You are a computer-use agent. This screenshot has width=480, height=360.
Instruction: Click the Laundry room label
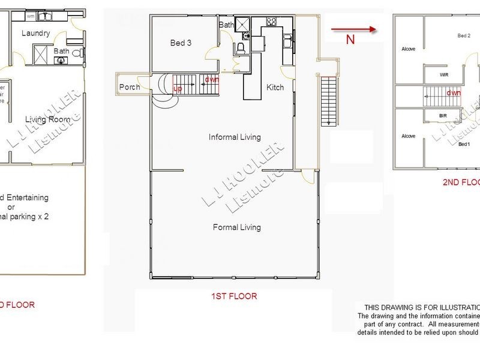[35, 34]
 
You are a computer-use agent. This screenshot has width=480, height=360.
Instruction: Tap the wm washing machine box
[31, 16]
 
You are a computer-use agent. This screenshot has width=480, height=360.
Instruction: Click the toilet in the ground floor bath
[77, 53]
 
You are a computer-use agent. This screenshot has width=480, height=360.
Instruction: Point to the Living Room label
[44, 119]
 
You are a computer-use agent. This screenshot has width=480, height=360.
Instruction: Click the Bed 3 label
[181, 43]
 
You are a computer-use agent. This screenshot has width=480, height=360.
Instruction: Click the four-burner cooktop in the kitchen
[271, 23]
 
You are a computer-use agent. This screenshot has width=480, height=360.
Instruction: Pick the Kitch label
[275, 88]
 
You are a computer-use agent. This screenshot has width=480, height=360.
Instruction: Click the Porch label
[130, 87]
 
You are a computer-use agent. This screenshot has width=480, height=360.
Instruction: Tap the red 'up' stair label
[178, 88]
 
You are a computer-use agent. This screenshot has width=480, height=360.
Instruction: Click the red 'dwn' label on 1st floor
[211, 79]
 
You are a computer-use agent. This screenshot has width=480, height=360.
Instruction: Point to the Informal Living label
[235, 137]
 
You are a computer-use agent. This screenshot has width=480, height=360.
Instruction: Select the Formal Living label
[237, 227]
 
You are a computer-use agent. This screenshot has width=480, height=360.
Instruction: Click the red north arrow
[353, 28]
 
